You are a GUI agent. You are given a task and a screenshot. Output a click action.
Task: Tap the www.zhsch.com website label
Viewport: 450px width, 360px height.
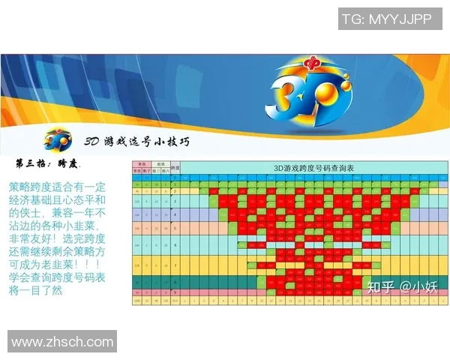(62, 341)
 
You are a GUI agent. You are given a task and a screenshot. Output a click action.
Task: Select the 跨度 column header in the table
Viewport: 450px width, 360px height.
(175, 166)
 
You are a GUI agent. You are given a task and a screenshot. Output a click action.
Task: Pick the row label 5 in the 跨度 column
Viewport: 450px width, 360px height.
(175, 228)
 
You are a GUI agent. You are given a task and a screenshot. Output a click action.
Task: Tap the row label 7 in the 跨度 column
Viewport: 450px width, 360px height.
(175, 265)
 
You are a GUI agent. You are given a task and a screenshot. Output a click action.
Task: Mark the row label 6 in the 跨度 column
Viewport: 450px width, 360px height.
(175, 245)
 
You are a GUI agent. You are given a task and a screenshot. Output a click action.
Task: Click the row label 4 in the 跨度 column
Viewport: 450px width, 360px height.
(175, 215)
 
